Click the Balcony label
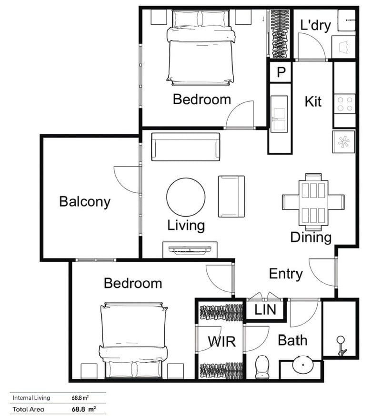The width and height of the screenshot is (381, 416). point(84,202)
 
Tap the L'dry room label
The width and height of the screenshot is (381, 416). point(315,25)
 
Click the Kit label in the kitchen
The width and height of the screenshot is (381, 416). point(313,101)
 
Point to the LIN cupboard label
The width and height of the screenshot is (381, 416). point(265,310)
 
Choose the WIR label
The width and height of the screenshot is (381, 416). point(220,341)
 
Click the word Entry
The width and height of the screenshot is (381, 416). point(285,274)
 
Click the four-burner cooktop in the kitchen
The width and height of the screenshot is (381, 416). point(345,104)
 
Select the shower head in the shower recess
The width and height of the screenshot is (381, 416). point(341,345)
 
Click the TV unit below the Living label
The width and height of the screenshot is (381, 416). point(190,250)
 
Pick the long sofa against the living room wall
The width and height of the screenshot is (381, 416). point(186,147)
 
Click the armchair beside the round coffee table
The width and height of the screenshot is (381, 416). point(231,196)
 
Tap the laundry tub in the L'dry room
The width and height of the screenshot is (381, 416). point(344,46)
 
